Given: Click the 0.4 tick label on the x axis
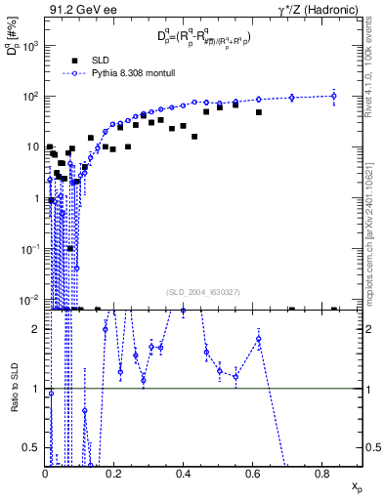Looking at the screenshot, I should [184, 474].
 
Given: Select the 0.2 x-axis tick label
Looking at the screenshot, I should [114, 474].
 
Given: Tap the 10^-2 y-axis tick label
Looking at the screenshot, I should [30, 299].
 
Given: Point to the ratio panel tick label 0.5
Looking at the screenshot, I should [34, 448].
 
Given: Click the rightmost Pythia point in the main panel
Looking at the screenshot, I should [334, 96].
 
